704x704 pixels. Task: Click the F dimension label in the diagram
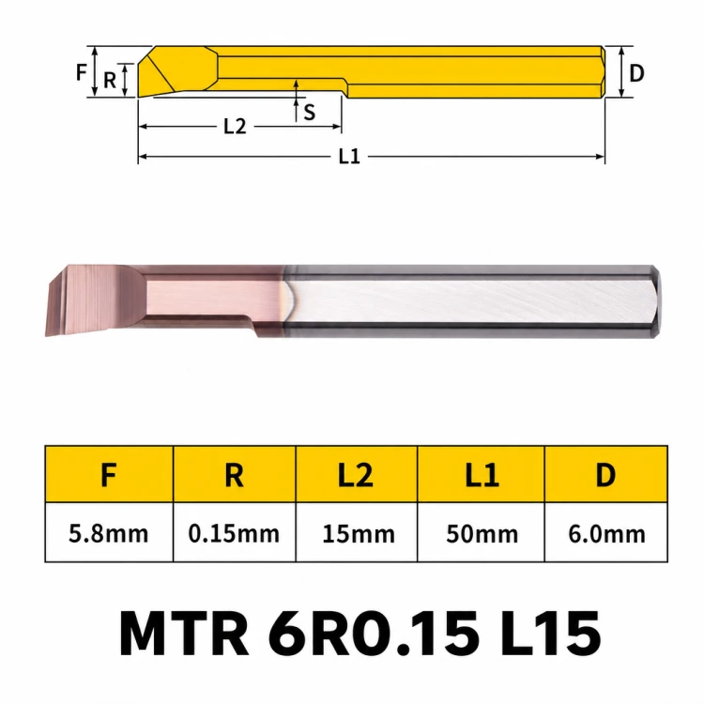[82, 72]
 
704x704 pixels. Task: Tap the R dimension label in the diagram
[110, 81]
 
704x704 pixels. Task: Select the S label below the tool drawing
[310, 112]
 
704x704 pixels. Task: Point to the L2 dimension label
[235, 127]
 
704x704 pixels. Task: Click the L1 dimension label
[349, 157]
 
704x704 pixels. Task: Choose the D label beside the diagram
[636, 72]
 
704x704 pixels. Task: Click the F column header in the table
[109, 474]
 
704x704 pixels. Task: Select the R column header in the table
[234, 474]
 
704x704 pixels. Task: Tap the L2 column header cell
[357, 474]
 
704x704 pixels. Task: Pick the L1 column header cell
[481, 474]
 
